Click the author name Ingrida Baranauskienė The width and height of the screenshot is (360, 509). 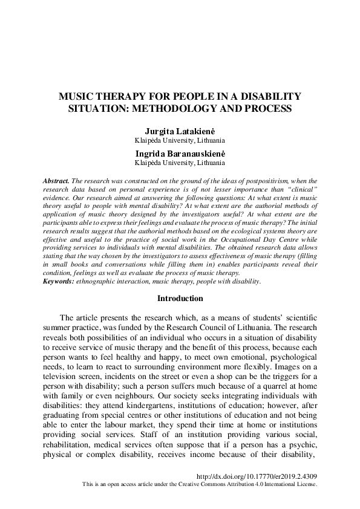[x=180, y=154]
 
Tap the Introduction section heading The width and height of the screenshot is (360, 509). [x=180, y=298]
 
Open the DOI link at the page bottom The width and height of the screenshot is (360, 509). [x=257, y=476]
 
